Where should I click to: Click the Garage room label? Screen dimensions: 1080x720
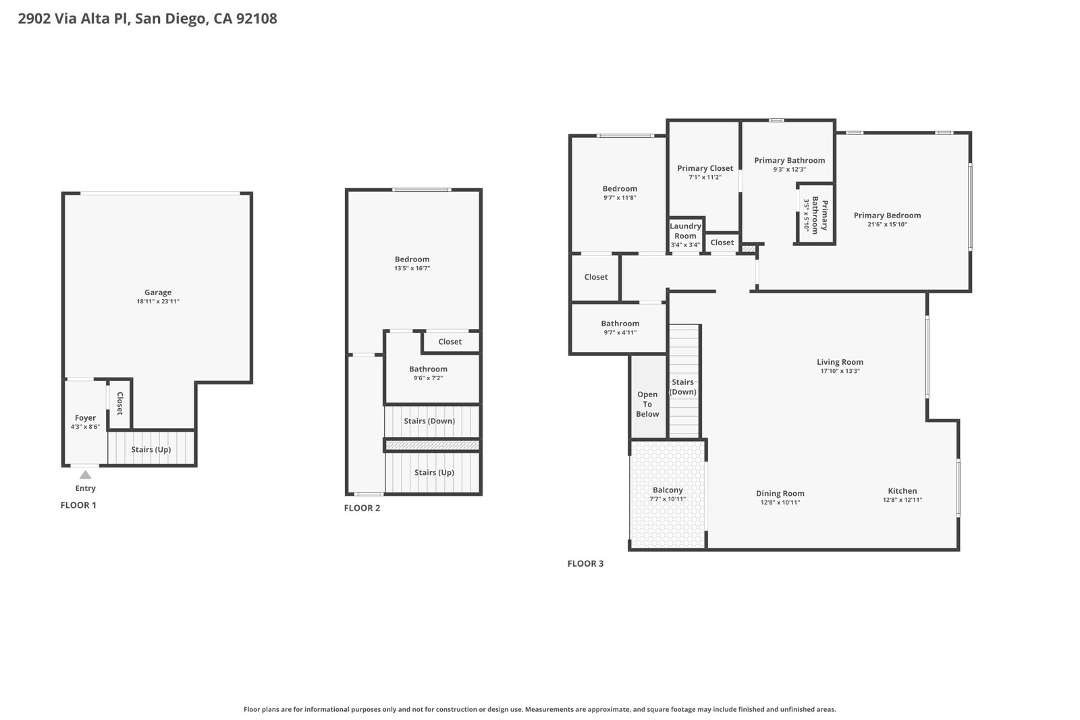click(158, 292)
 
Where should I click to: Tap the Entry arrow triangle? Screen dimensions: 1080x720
click(85, 475)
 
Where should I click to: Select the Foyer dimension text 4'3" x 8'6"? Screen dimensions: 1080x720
click(85, 427)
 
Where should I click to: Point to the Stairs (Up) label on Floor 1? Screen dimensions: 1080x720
click(151, 450)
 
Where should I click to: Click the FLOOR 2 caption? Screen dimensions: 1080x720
click(362, 508)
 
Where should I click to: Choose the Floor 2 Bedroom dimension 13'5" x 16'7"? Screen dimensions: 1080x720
click(412, 268)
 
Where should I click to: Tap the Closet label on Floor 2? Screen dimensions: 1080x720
click(450, 342)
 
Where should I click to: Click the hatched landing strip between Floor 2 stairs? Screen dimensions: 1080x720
click(433, 445)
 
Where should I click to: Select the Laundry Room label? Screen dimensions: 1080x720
click(685, 231)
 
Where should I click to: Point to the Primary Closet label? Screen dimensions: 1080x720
click(705, 168)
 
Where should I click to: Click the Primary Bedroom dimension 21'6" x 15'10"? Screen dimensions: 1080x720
click(887, 224)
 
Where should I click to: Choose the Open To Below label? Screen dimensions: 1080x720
click(647, 405)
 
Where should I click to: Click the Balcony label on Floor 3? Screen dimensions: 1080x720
click(668, 490)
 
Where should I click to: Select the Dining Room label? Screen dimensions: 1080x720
click(780, 494)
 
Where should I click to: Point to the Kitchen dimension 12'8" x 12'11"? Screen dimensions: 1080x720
click(902, 500)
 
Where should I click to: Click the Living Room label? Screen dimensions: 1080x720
click(840, 363)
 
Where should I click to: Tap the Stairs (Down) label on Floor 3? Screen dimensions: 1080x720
click(682, 387)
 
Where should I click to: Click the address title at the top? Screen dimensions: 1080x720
click(148, 19)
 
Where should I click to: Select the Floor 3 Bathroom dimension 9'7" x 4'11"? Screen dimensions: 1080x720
click(620, 332)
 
